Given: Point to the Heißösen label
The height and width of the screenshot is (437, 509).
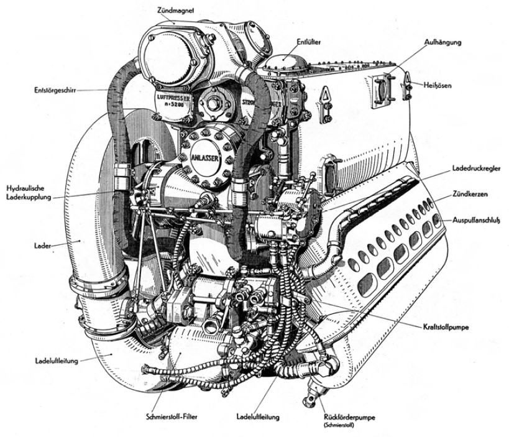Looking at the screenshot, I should click(x=439, y=83).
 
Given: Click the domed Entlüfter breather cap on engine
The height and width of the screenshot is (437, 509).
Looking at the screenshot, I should click(x=284, y=62).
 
